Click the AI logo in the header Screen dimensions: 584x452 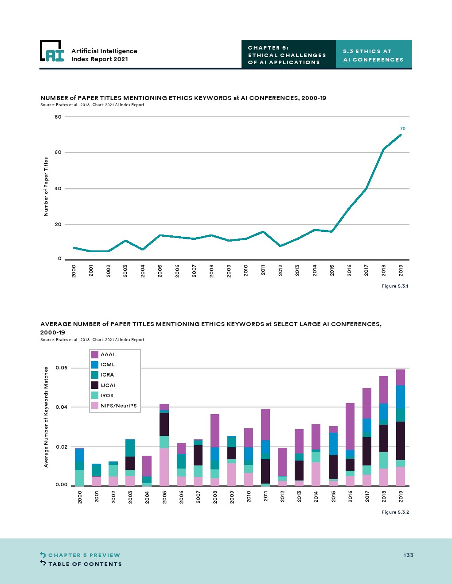[x=52, y=51]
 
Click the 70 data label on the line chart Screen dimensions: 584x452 [x=402, y=129]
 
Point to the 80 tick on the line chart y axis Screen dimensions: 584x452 [x=58, y=117]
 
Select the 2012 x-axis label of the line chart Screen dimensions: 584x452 [x=281, y=270]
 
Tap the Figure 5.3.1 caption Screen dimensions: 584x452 [x=395, y=286]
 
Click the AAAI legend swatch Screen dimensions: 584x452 [x=94, y=354]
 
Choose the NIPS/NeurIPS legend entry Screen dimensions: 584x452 [x=118, y=406]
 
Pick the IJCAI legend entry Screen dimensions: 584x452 [x=108, y=385]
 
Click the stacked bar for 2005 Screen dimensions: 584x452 [x=164, y=445]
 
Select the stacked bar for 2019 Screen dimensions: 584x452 [x=401, y=427]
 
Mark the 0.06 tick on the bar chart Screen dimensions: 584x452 [x=62, y=368]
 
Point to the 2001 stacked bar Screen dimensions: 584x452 [x=97, y=475]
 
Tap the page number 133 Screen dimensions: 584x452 [x=408, y=555]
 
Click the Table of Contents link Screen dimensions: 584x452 [x=85, y=564]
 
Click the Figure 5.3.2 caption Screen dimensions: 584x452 [x=395, y=512]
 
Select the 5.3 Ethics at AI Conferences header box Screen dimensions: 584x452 [x=374, y=55]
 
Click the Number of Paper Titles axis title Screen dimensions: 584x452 [x=46, y=187]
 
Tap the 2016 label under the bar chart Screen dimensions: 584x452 [x=350, y=497]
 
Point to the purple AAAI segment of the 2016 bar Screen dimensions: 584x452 [x=350, y=426]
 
